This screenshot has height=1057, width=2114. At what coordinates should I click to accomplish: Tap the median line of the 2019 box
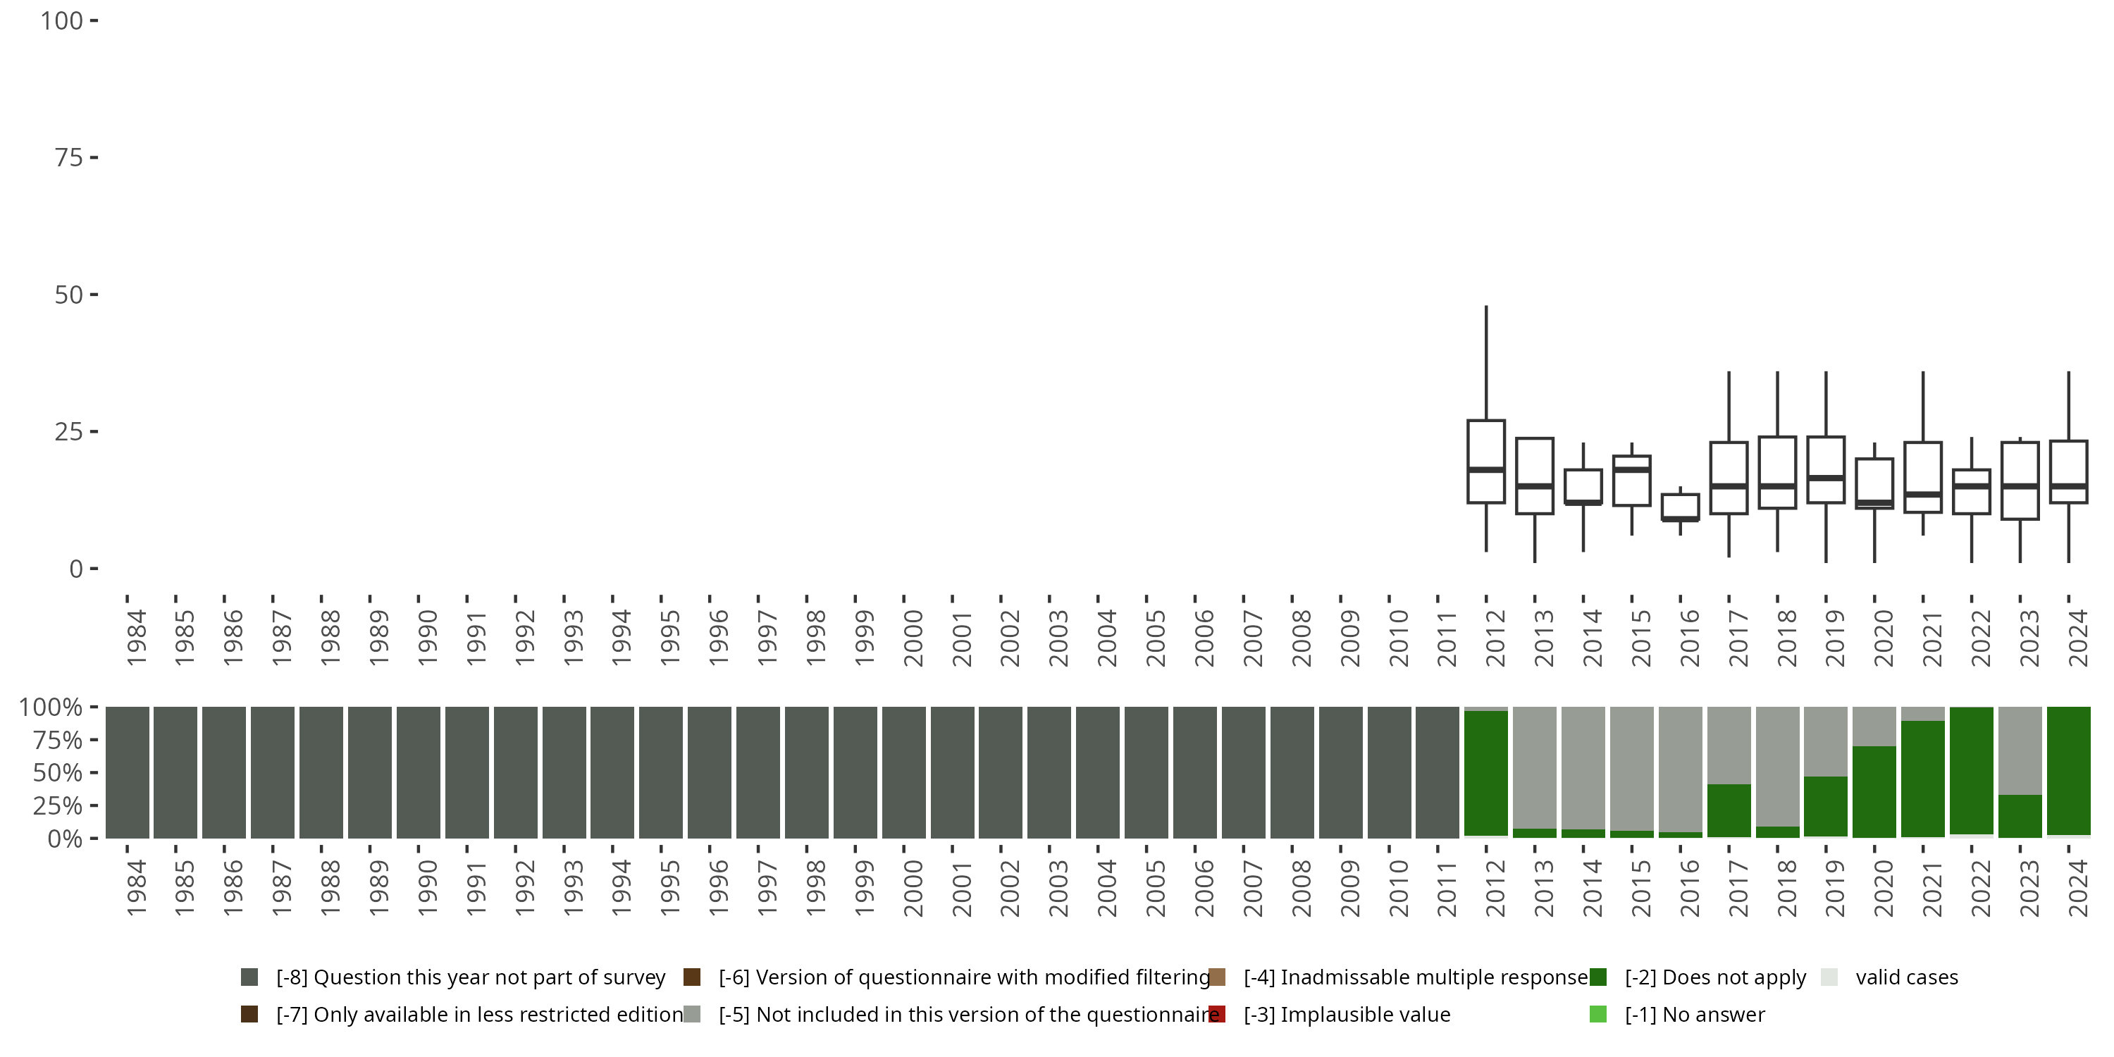click(x=1825, y=478)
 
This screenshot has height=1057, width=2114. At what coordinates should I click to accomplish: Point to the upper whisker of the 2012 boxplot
click(x=1485, y=361)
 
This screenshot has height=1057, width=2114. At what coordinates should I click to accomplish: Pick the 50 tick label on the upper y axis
click(x=69, y=295)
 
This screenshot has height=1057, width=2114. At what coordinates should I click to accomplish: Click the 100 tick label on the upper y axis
click(x=63, y=21)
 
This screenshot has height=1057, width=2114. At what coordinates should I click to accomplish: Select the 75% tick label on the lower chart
click(x=58, y=740)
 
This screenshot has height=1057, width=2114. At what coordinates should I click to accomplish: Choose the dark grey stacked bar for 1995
click(x=661, y=772)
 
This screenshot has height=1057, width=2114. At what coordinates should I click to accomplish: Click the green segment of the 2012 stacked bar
click(x=1485, y=772)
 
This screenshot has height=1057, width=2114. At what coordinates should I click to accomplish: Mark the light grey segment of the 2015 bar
click(x=1631, y=767)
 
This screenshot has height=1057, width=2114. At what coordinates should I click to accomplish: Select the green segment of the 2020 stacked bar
click(x=1874, y=792)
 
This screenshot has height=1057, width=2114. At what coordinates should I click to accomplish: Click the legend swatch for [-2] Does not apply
click(x=1597, y=977)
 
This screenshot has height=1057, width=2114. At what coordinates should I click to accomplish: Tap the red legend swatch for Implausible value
click(x=1217, y=1014)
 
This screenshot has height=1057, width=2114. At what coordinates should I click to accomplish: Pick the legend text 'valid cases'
click(x=1906, y=977)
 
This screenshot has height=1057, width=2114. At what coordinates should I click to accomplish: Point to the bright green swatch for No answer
click(x=1597, y=1014)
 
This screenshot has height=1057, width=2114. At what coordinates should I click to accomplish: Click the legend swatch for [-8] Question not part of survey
click(x=249, y=977)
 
